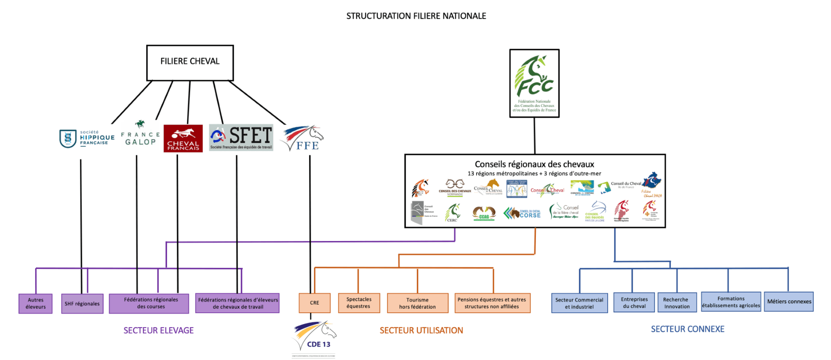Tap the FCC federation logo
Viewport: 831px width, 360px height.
[535, 83]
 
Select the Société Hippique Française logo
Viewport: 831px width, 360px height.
[87, 138]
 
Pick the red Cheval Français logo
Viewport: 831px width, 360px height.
[183, 138]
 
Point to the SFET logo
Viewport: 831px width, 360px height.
[241, 138]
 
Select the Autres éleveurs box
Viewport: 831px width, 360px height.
[35, 303]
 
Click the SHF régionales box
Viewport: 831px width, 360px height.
[82, 304]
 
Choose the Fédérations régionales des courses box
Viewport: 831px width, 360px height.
[149, 303]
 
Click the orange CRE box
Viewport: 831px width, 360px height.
[315, 303]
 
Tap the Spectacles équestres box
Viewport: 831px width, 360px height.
[359, 303]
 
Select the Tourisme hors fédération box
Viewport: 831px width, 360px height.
[418, 303]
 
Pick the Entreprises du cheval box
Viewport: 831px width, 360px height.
[634, 302]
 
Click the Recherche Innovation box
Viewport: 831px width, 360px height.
[676, 302]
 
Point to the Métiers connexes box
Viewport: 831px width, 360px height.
[789, 302]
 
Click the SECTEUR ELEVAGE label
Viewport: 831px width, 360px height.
[158, 331]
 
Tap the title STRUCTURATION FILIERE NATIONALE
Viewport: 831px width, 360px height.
[416, 16]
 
